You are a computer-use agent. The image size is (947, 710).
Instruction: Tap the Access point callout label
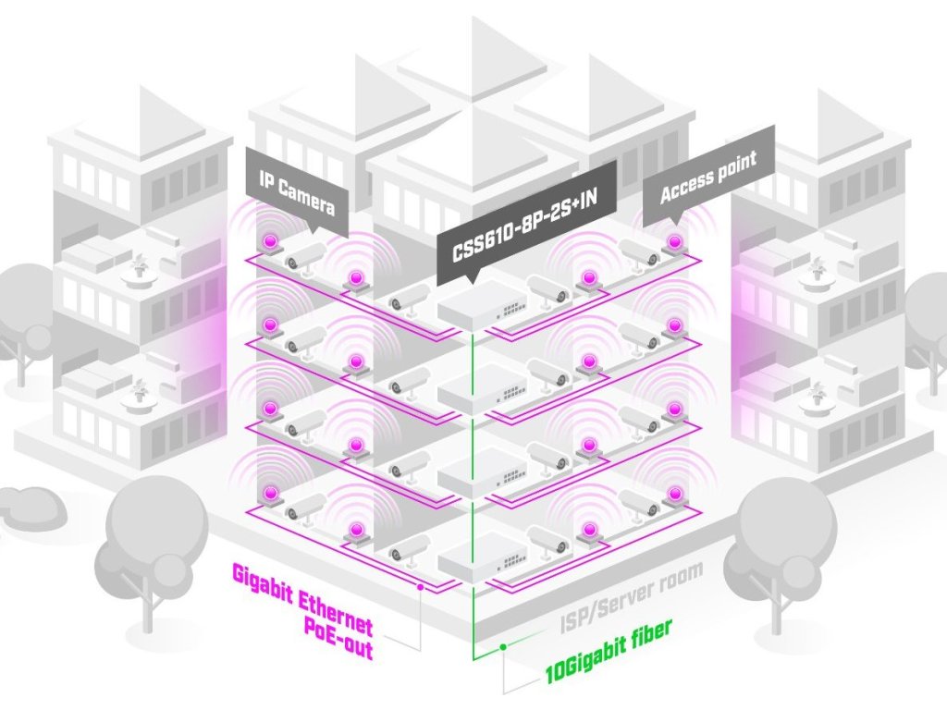pos(708,177)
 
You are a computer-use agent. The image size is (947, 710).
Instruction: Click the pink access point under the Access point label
pos(675,242)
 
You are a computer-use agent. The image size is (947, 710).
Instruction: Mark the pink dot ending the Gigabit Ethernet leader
pos(421,585)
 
